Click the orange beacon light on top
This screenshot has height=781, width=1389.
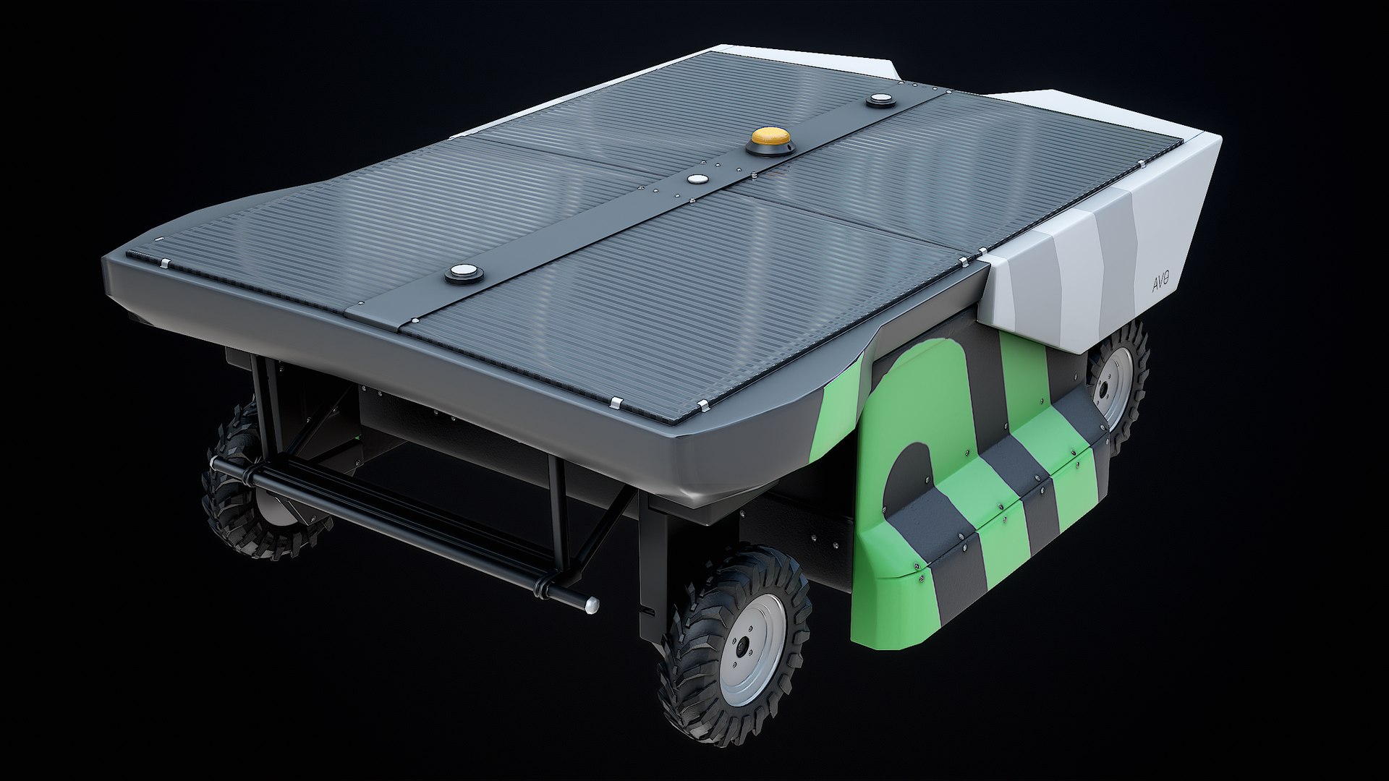(x=770, y=137)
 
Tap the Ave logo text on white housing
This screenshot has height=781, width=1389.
(x=1160, y=282)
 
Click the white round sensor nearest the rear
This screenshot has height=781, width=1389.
(x=463, y=273)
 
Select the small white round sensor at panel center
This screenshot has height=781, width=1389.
(x=697, y=179)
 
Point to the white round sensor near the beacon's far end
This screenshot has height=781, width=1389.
(x=880, y=99)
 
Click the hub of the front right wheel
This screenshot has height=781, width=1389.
(x=742, y=647)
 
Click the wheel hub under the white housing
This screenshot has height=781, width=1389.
(x=1105, y=387)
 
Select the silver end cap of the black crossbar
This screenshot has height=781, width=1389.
(x=592, y=605)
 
